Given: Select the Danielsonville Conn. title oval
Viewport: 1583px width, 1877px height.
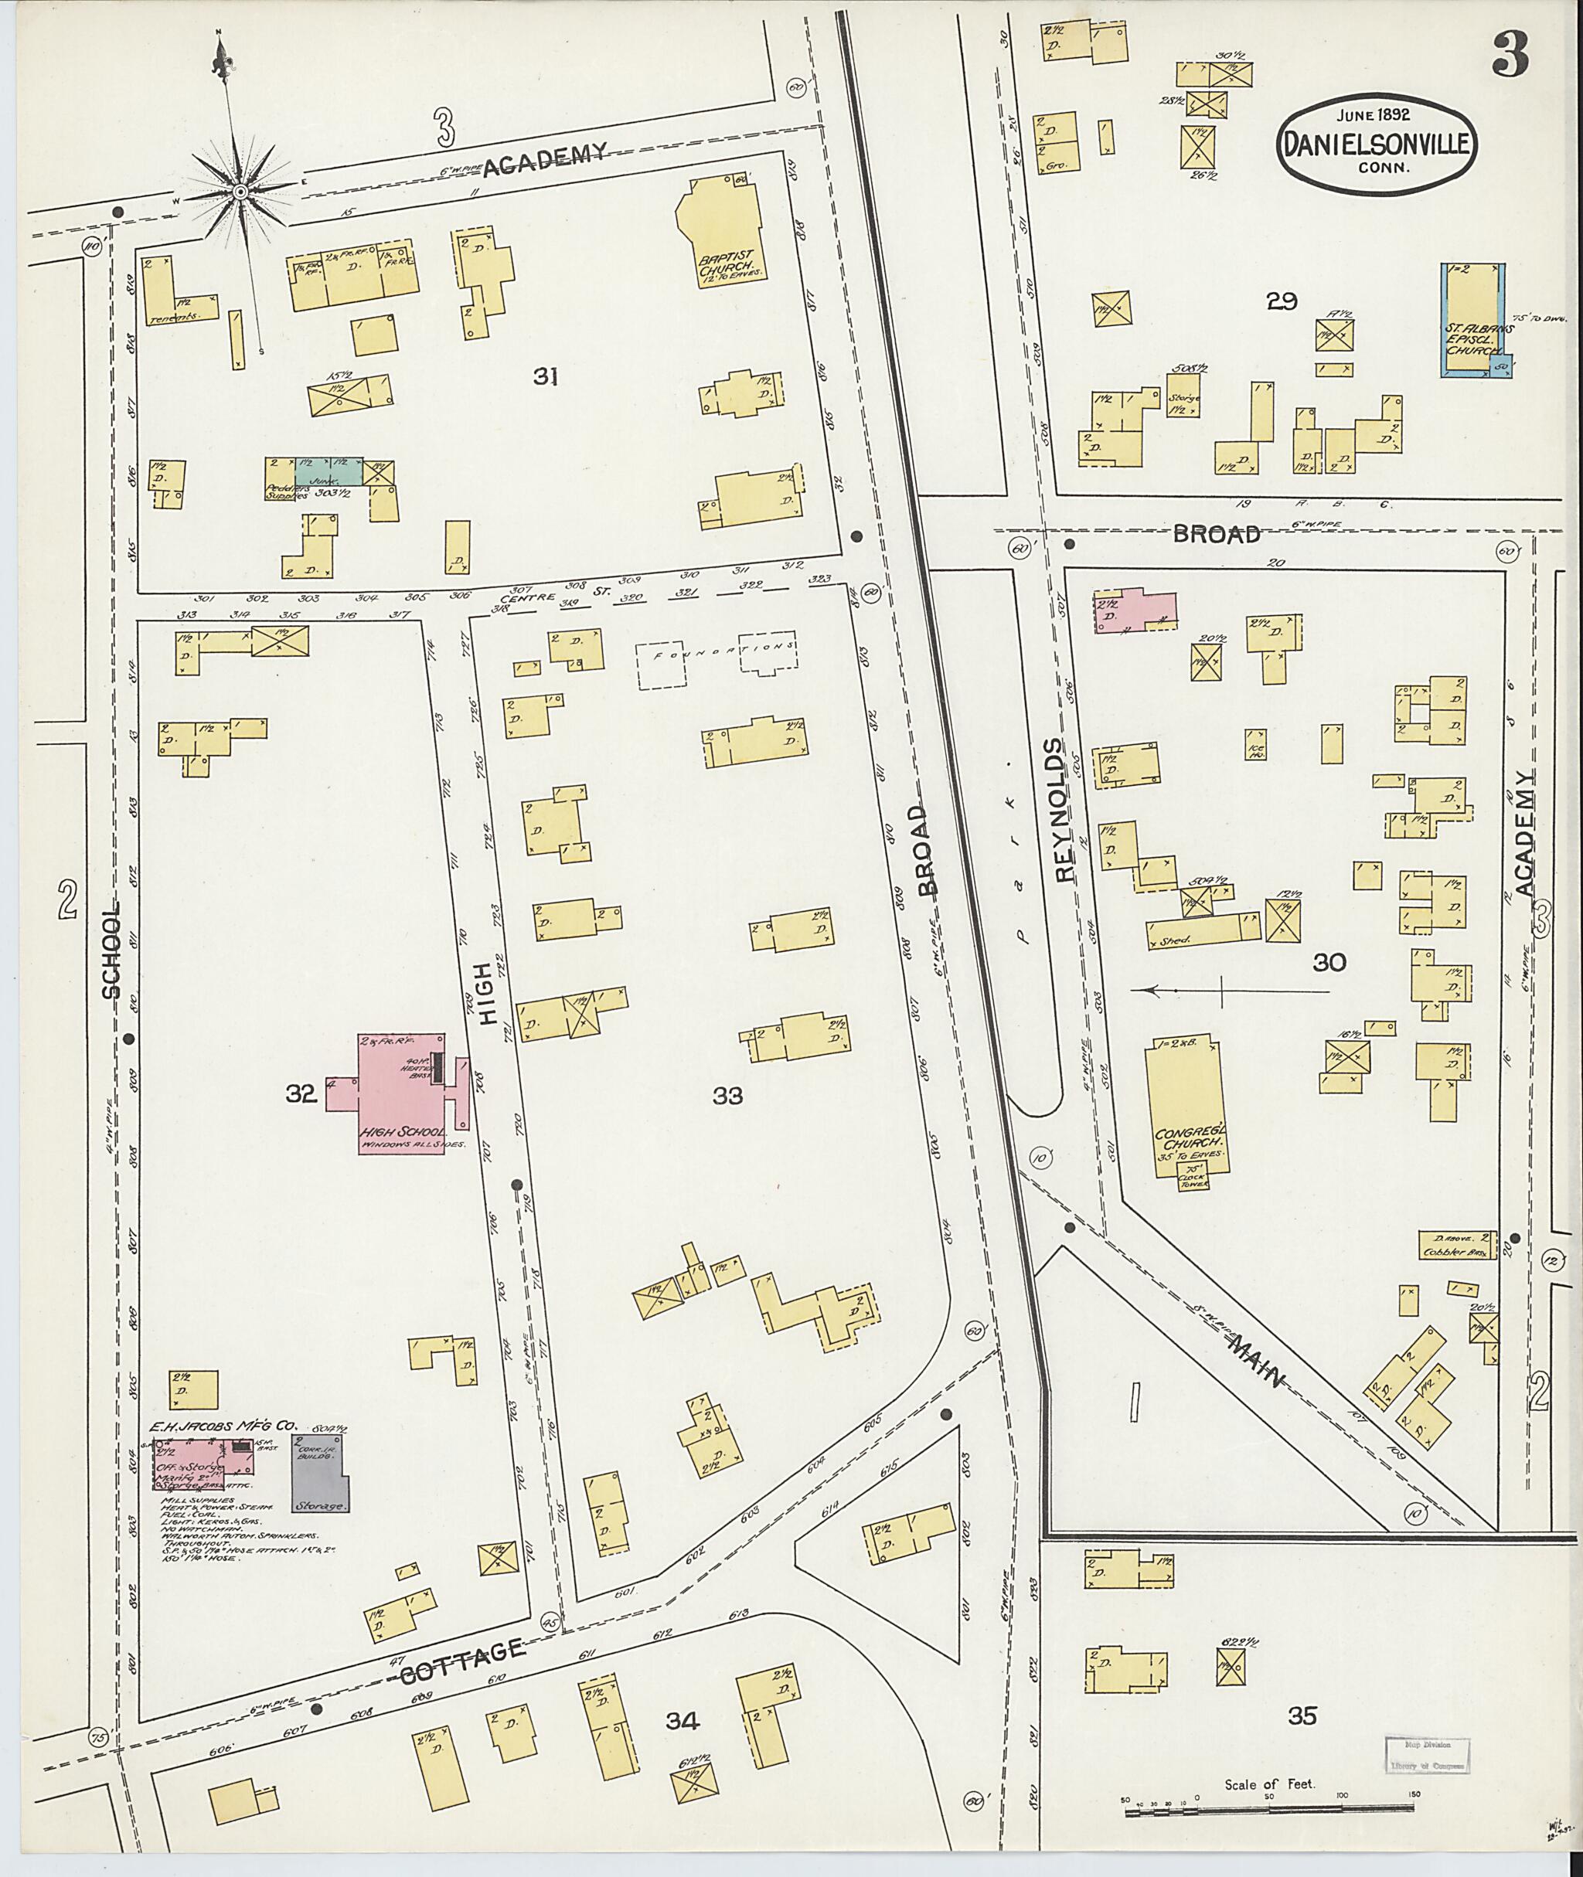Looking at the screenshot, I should [1373, 143].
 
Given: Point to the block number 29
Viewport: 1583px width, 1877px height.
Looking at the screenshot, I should [1282, 301].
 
